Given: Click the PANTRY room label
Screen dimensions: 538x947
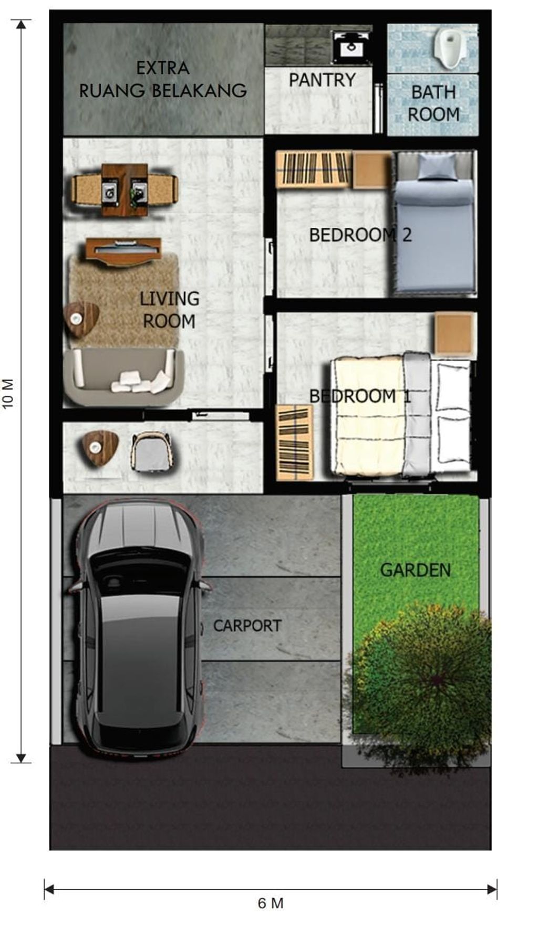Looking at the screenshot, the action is (x=322, y=80).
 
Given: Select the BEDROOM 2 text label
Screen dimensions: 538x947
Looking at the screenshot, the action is (x=360, y=235).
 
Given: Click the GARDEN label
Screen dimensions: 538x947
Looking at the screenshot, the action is (x=415, y=570).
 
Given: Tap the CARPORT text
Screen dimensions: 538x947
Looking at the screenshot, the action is (x=247, y=626).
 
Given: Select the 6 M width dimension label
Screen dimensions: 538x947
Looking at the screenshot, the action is (x=271, y=903).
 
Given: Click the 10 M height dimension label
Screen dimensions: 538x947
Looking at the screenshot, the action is (x=8, y=394).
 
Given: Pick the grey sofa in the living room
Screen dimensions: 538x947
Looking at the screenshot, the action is (x=123, y=377).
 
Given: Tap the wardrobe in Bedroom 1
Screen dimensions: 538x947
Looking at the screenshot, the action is (x=295, y=442).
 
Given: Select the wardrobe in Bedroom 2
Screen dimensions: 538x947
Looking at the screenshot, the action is (x=314, y=169).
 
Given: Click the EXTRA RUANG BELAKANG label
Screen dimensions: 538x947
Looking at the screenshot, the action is (x=163, y=79).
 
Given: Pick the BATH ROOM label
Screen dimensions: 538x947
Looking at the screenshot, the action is (x=433, y=103).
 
